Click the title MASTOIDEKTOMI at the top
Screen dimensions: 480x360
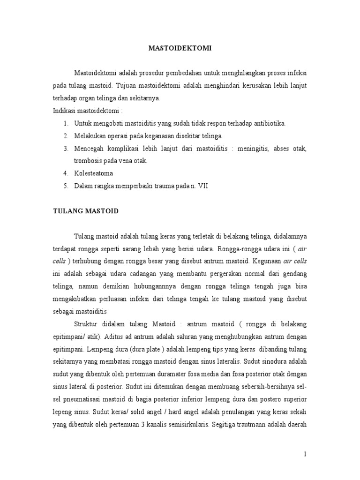coord(180,47)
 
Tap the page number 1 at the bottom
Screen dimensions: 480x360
coord(305,454)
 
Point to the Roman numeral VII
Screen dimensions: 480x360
coord(202,186)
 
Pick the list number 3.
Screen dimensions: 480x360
coord(66,148)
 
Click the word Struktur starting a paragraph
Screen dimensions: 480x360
coord(88,324)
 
